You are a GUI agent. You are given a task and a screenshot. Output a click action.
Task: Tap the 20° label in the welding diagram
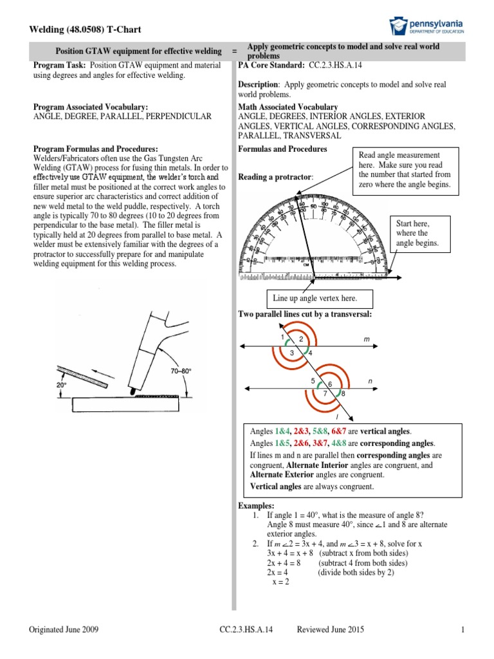pyautogui.click(x=62, y=385)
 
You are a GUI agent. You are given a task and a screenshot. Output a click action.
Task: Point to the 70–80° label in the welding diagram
pyautogui.click(x=181, y=371)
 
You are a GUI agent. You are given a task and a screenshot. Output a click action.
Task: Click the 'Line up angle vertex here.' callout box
pyautogui.click(x=314, y=298)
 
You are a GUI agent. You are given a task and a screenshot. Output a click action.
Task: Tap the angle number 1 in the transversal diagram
pyautogui.click(x=282, y=337)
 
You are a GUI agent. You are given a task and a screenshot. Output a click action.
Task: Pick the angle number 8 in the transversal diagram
pyautogui.click(x=343, y=393)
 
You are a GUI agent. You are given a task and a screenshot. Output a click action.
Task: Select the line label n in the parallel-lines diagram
pyautogui.click(x=370, y=382)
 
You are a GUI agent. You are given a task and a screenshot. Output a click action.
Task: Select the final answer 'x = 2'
pyautogui.click(x=280, y=582)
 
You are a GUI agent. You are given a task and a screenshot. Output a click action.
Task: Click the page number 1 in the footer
pyautogui.click(x=462, y=631)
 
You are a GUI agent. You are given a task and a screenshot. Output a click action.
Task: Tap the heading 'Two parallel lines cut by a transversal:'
pyautogui.click(x=306, y=313)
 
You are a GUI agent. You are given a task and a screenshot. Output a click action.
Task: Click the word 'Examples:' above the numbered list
pyautogui.click(x=256, y=506)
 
